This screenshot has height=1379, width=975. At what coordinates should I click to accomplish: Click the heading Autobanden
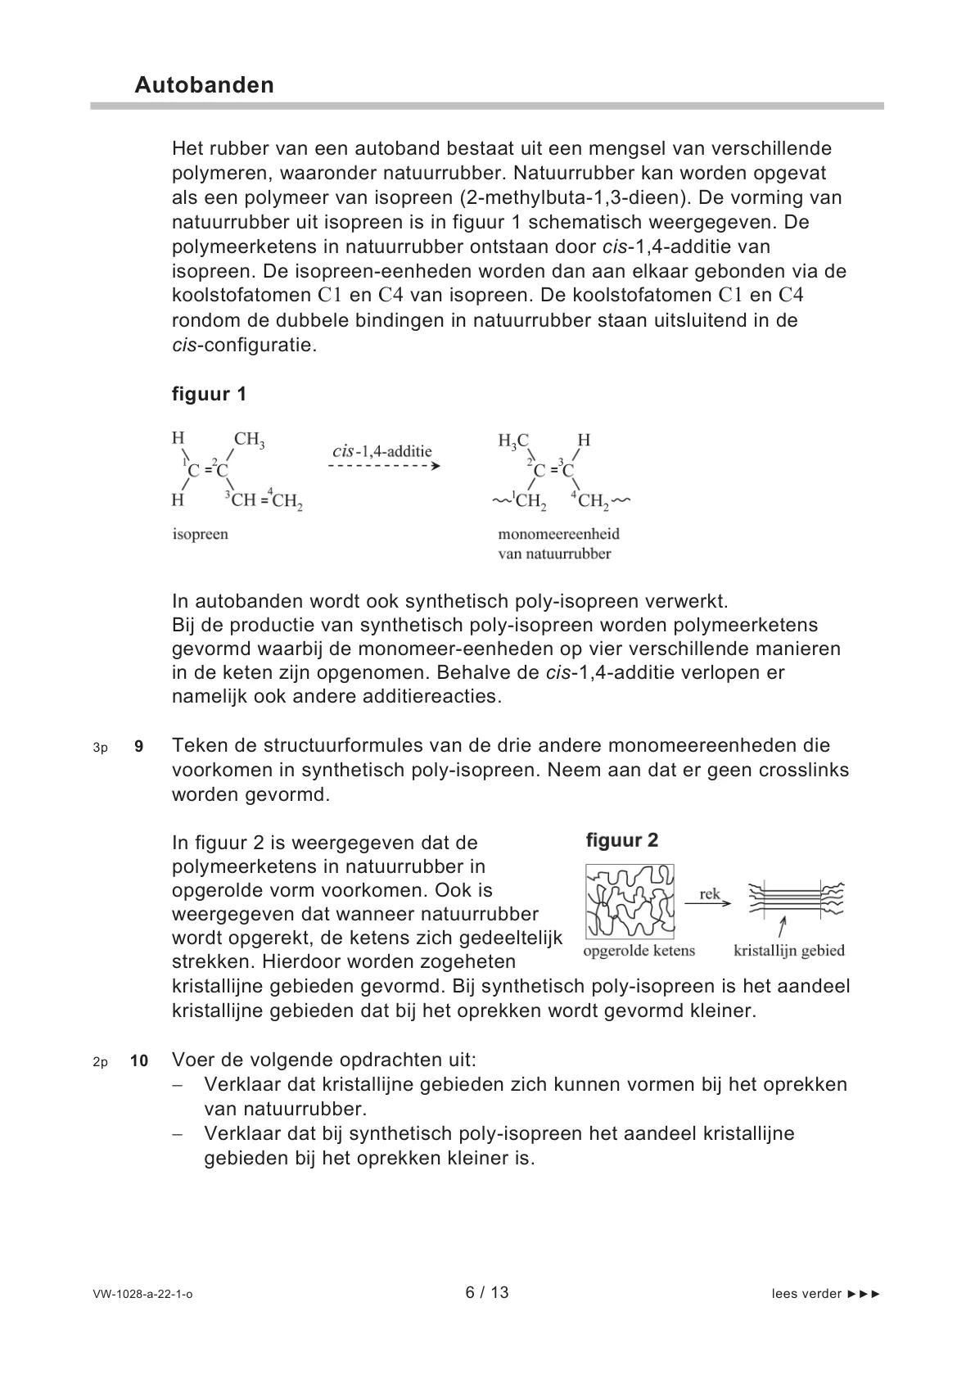tap(204, 85)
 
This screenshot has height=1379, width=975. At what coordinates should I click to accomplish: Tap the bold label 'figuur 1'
tap(209, 394)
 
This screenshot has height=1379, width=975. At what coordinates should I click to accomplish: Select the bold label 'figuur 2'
tap(622, 840)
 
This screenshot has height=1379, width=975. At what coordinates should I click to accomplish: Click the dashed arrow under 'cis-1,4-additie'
tap(384, 466)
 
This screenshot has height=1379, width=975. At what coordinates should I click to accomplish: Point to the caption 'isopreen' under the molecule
tap(201, 534)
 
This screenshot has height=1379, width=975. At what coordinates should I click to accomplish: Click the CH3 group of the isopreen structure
tap(250, 441)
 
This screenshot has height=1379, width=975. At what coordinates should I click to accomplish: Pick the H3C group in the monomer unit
tap(513, 441)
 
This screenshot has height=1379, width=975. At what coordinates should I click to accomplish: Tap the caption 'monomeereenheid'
tap(558, 534)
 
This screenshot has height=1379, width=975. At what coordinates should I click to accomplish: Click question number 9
tap(138, 746)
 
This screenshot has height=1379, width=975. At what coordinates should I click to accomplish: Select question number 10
tap(139, 1060)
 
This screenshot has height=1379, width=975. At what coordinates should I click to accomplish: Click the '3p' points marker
tap(100, 747)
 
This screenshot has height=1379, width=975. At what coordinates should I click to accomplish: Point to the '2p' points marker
tap(100, 1061)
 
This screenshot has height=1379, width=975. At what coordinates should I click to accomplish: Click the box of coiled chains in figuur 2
tap(630, 901)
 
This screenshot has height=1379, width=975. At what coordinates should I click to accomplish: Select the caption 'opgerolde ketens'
tap(639, 951)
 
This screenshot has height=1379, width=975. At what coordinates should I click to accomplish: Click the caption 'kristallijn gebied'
tap(788, 951)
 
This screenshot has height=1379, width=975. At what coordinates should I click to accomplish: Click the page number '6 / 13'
tap(487, 1292)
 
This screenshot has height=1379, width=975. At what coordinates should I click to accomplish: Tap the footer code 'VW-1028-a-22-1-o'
tap(142, 1294)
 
